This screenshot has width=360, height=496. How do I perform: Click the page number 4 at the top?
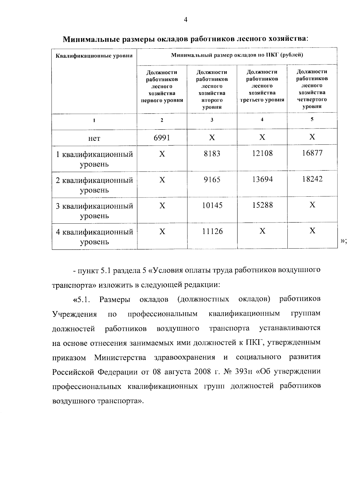coord(185,20)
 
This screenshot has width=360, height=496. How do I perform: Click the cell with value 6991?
coord(162,138)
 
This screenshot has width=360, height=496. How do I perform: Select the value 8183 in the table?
coord(212,154)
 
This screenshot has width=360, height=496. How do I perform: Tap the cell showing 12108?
coord(262,153)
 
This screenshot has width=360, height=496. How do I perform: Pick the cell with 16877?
coord(312,153)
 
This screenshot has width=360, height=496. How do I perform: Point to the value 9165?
coord(212,180)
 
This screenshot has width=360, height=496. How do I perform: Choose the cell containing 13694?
coord(262,179)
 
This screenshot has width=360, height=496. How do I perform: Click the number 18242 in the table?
coord(312,179)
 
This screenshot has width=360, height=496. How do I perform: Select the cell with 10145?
coord(212,206)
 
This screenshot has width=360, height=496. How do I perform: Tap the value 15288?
coord(262,205)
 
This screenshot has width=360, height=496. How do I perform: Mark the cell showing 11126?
coord(212,231)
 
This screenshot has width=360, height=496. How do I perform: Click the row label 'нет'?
coord(94,138)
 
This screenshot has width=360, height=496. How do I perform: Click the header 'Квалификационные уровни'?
coord(94,56)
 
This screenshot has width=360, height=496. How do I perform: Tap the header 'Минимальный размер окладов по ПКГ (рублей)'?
coord(237,55)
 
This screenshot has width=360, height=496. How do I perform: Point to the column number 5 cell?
coord(312,119)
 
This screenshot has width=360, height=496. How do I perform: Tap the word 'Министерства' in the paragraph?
coord(120,358)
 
